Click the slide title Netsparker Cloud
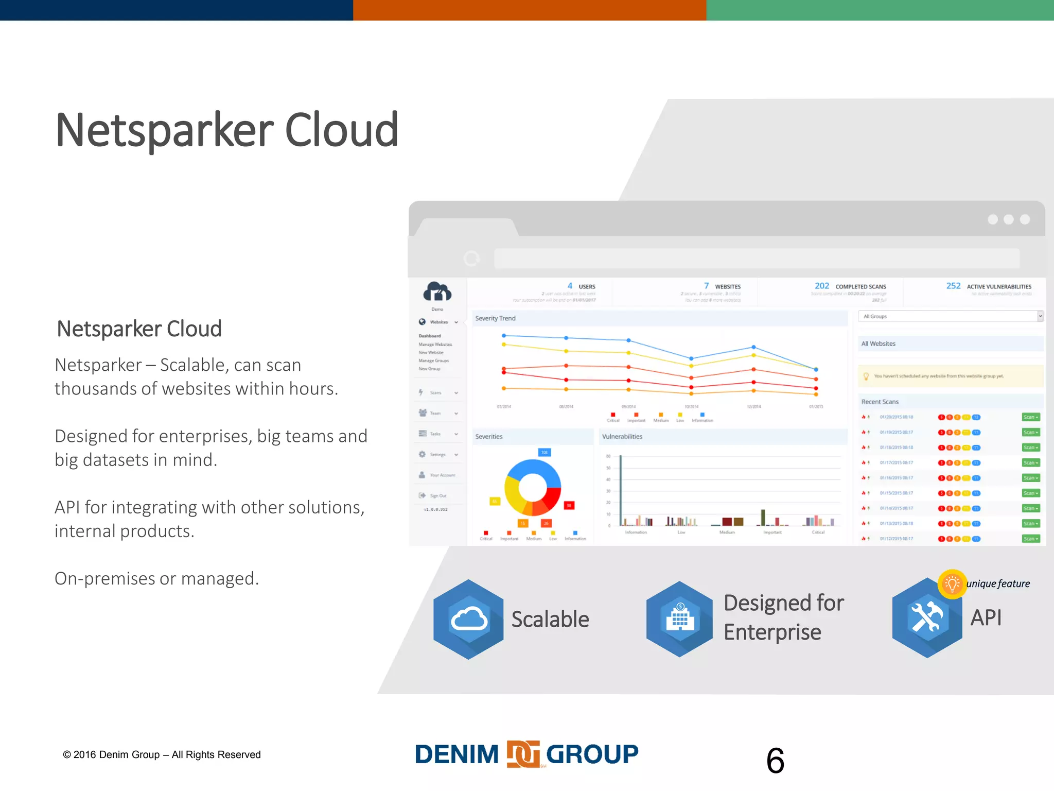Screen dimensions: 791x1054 click(227, 130)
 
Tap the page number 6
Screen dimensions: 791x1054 click(775, 761)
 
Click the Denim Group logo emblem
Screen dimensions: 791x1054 click(523, 754)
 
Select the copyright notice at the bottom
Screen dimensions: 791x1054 click(162, 754)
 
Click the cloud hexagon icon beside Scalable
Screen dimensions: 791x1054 click(468, 619)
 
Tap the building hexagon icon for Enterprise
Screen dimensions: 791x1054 click(680, 619)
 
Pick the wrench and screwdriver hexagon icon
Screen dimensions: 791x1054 click(926, 618)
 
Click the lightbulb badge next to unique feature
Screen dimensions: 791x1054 click(952, 584)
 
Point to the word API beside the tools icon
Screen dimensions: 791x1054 click(986, 617)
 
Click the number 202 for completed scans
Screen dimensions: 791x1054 click(822, 286)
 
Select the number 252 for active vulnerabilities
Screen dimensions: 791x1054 click(953, 286)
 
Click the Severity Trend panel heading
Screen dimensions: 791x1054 click(495, 318)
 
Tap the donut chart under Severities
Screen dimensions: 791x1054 click(533, 487)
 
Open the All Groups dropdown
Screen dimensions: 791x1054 click(950, 316)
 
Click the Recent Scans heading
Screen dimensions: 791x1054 click(880, 402)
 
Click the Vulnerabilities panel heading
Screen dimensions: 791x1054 click(622, 436)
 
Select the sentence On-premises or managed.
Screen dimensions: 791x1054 click(157, 578)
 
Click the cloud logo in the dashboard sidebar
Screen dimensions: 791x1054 click(437, 291)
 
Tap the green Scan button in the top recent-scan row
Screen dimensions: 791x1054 click(1030, 417)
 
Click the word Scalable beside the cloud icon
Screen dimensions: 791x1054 click(550, 619)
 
